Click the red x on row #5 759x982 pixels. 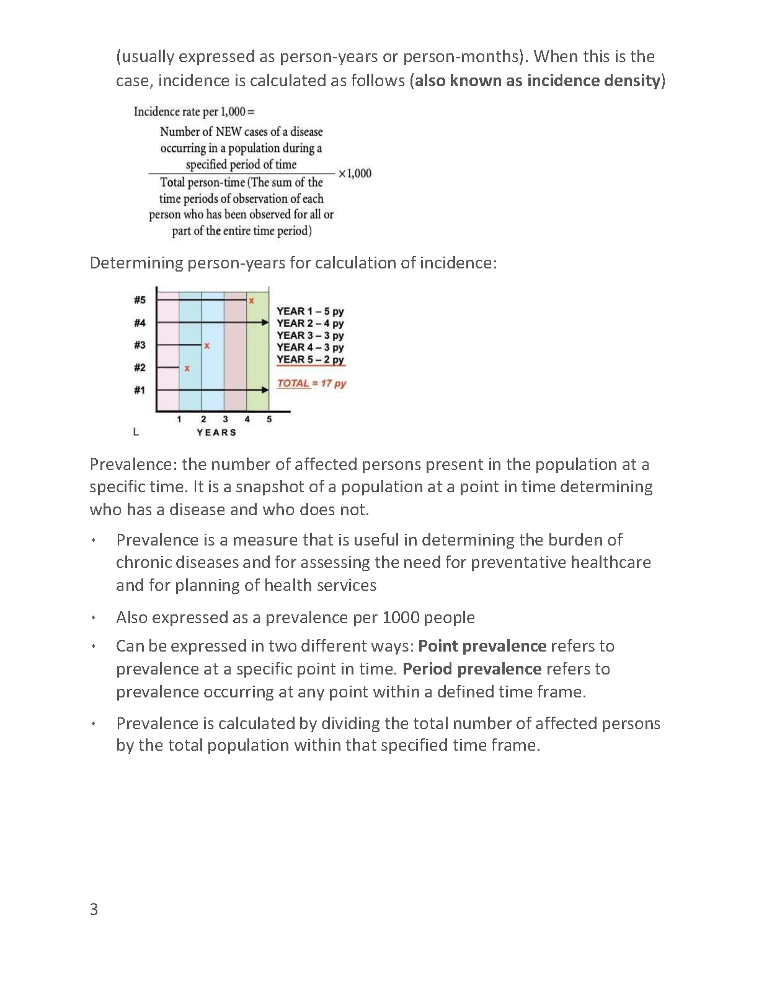(x=251, y=301)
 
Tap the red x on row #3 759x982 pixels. (x=207, y=345)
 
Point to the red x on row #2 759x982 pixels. (x=187, y=368)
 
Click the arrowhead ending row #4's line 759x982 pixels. (x=265, y=323)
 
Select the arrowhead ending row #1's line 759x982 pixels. (x=265, y=390)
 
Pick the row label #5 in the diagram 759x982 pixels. (x=140, y=300)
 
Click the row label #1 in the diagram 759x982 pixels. (x=140, y=390)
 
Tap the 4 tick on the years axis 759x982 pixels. (x=247, y=419)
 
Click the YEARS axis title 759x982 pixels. (x=216, y=432)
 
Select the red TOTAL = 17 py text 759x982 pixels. (x=311, y=383)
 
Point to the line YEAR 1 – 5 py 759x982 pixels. (x=310, y=311)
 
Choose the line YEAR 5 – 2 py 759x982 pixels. (x=310, y=360)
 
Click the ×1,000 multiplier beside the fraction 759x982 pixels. (x=355, y=174)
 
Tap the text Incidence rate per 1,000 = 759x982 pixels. (x=194, y=112)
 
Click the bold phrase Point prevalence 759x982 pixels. (x=482, y=646)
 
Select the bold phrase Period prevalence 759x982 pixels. (x=472, y=669)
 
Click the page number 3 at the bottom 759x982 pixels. (x=94, y=909)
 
